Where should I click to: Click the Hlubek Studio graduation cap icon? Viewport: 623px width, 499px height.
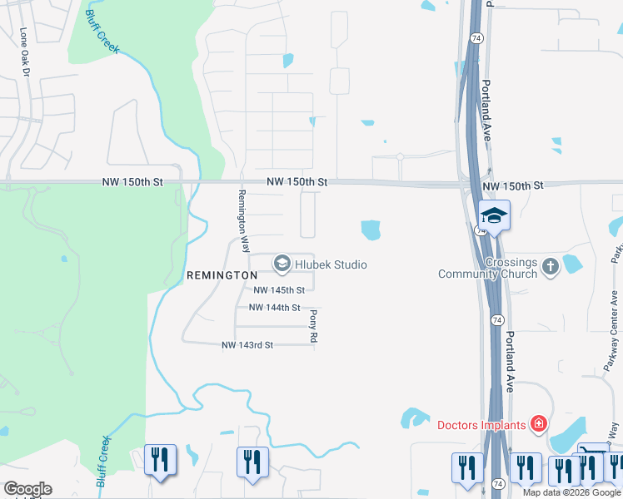click(x=282, y=264)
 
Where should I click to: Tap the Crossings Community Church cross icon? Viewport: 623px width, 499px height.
click(x=550, y=267)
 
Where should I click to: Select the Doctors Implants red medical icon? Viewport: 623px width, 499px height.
click(x=539, y=425)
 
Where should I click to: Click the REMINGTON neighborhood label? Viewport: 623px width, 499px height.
click(x=222, y=274)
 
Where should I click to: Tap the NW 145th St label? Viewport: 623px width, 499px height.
click(x=279, y=290)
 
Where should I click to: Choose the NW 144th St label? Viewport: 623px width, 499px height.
click(x=275, y=308)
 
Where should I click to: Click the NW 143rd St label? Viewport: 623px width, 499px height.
click(x=247, y=345)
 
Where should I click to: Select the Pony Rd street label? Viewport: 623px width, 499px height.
click(x=313, y=327)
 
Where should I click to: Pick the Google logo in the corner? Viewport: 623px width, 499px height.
click(x=27, y=489)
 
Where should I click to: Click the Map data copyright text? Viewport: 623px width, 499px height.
click(x=572, y=492)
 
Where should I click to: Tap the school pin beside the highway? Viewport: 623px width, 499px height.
click(x=494, y=216)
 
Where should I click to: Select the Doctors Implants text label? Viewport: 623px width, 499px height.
click(x=481, y=425)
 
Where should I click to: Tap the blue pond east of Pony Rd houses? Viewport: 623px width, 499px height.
click(x=370, y=229)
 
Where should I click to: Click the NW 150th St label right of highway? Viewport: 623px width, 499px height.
click(x=512, y=185)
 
